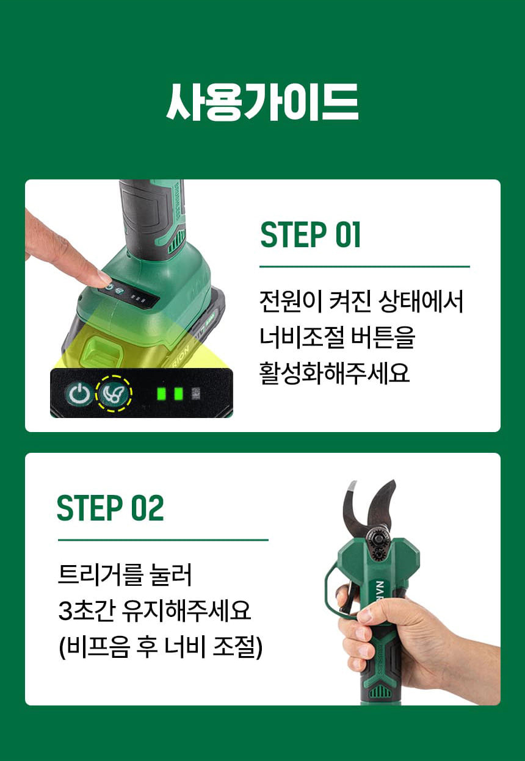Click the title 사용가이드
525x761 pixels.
point(262,101)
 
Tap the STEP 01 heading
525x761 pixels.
point(310,235)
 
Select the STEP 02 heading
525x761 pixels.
point(110,508)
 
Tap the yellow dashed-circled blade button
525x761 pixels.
point(114,394)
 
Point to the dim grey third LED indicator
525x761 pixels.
point(195,394)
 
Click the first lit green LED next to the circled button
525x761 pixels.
point(161,394)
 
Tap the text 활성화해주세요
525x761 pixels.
point(335,373)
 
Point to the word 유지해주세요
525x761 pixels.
point(186,610)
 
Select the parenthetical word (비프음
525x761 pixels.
point(94,647)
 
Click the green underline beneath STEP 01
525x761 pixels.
point(364,267)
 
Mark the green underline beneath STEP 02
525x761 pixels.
point(164,539)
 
